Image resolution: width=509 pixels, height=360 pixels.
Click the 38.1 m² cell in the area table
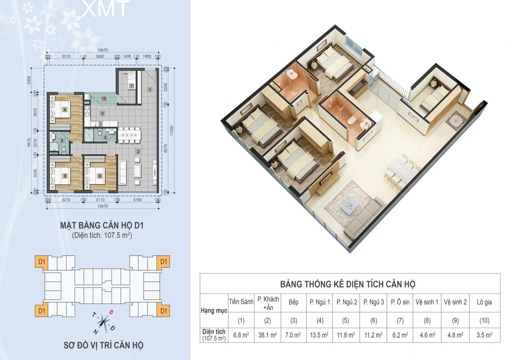pos(268,335)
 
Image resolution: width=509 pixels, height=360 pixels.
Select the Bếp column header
pos(293,302)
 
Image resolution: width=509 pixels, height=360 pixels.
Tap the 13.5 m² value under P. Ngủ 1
pos(319,335)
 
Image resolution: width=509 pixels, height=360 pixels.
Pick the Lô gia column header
pos(484,302)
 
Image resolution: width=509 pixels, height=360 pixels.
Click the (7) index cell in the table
pos(400,321)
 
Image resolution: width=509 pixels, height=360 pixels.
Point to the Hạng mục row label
pos(214,311)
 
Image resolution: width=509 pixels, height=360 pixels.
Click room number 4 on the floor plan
pos(65,109)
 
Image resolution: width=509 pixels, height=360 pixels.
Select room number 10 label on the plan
pos(104,98)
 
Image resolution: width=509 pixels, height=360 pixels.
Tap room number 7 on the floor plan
pos(132,86)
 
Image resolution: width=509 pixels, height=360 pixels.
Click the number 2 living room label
pos(138,152)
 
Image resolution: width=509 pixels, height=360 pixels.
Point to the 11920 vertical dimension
pos(172,131)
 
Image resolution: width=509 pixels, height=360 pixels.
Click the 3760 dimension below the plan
pos(137,200)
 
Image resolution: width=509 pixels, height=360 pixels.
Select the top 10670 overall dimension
pos(102,50)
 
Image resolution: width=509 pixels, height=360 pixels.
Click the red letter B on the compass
pos(111,312)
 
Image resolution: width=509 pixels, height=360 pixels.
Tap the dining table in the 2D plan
pos(129,135)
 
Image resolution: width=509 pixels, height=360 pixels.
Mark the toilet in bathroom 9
pos(64,149)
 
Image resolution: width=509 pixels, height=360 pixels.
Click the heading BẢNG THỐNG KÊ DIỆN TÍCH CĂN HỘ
pos(348,284)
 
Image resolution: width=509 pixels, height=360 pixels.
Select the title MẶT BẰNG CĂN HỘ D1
pos(102,225)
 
